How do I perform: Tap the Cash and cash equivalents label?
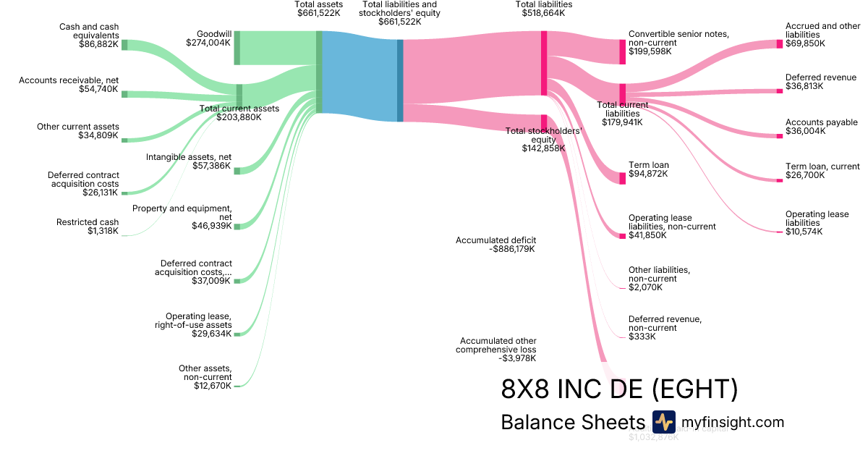click(x=89, y=35)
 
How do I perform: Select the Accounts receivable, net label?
click(x=69, y=85)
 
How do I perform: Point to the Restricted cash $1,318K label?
click(x=88, y=227)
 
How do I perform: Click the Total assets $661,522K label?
click(x=319, y=9)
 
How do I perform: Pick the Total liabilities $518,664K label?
click(x=544, y=9)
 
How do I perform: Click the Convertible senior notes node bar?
click(x=622, y=52)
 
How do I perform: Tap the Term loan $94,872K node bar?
click(x=622, y=178)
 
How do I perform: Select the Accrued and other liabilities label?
click(x=822, y=35)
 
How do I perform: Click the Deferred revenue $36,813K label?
click(x=821, y=82)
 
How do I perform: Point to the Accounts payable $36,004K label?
click(x=822, y=127)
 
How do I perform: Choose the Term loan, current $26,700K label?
click(x=822, y=171)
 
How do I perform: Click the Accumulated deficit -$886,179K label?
click(x=496, y=245)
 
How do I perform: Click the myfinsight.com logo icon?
click(x=663, y=422)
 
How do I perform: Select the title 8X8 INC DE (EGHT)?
click(x=619, y=389)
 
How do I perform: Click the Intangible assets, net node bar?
click(x=237, y=170)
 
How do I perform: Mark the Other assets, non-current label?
click(x=205, y=377)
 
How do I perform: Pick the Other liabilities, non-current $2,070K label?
click(x=659, y=279)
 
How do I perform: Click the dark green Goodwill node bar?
click(x=237, y=48)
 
